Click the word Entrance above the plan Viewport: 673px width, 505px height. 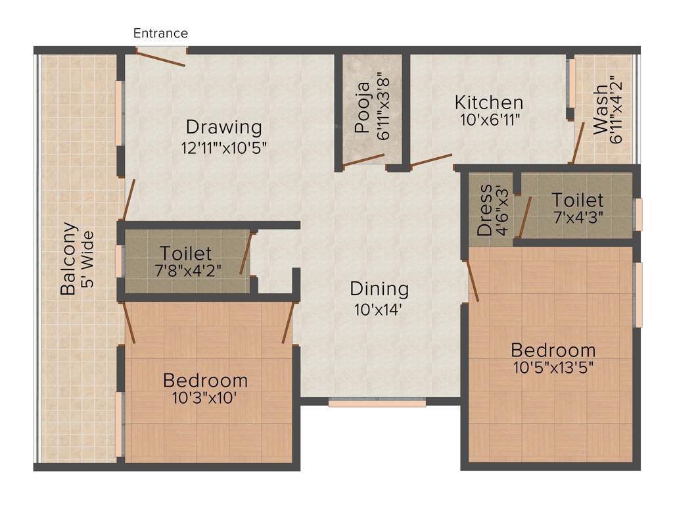pos(160,33)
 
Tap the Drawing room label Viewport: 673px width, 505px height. pos(223,126)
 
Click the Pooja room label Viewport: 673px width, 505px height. pos(363,114)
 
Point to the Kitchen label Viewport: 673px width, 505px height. pos(489,103)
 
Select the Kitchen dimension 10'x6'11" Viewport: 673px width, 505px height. pos(489,121)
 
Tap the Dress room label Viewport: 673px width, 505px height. pos(485,210)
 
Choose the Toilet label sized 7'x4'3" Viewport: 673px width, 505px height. pos(577,199)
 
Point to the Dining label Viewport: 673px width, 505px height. pos(379,289)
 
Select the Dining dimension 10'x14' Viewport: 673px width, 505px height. pos(379,308)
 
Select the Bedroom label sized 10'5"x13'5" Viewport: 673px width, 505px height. pos(553,349)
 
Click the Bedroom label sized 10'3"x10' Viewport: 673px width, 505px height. pos(205,380)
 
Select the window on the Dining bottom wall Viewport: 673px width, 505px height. pos(377,402)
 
